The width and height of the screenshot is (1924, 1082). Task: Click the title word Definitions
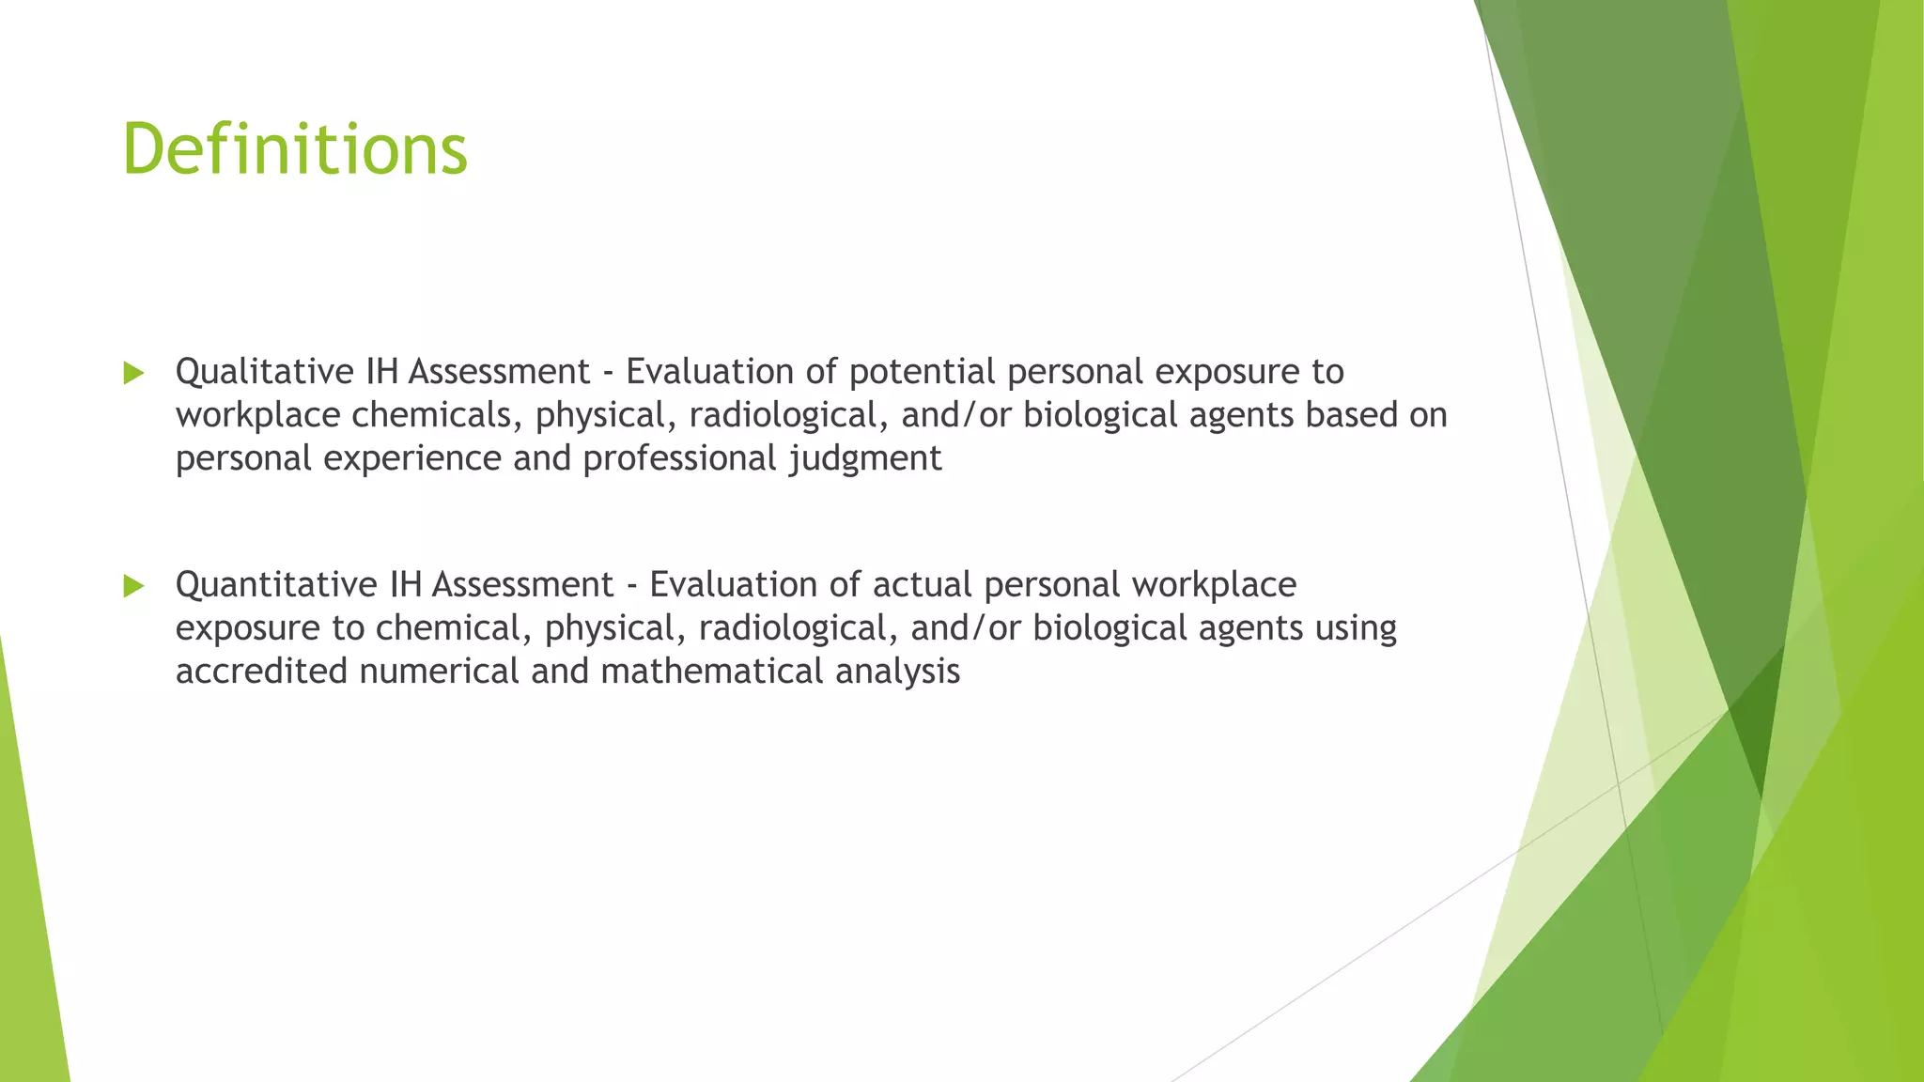(x=295, y=149)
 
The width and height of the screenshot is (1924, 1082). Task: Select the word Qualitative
(x=264, y=372)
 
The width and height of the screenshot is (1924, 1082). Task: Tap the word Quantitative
(x=276, y=585)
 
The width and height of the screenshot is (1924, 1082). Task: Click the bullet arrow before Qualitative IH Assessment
(x=133, y=373)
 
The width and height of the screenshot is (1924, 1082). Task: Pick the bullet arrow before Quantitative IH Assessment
(x=133, y=586)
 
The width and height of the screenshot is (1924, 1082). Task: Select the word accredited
(x=261, y=672)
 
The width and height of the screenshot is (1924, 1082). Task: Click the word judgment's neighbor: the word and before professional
(x=542, y=459)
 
